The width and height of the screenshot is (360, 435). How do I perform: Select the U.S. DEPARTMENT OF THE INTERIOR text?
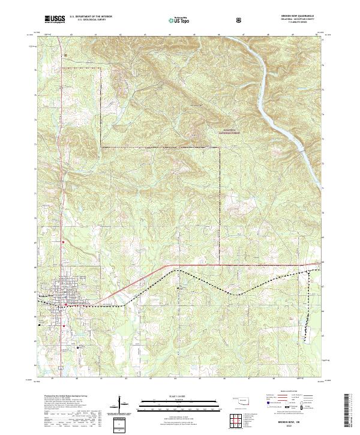(x=91, y=17)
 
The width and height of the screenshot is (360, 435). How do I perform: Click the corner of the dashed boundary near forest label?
(x=220, y=146)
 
